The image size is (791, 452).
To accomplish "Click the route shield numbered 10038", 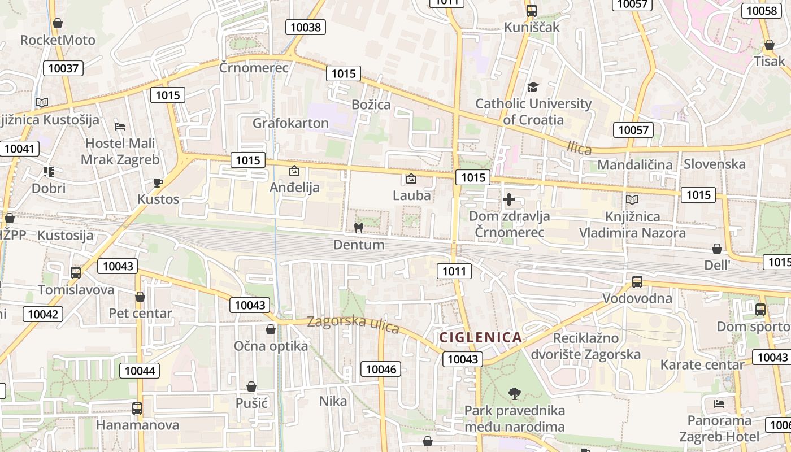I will [x=305, y=27].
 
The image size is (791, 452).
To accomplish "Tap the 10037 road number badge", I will [x=63, y=68].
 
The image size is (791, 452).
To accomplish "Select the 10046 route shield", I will [x=381, y=370].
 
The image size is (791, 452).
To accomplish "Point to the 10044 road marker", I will [x=139, y=371].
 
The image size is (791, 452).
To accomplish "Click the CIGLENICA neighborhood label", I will [x=481, y=338].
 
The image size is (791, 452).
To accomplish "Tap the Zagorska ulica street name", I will [x=353, y=325].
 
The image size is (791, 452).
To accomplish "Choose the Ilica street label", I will [x=579, y=149].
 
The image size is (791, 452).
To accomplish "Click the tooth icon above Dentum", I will [x=358, y=228].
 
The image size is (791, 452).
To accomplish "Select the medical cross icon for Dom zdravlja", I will [x=509, y=199].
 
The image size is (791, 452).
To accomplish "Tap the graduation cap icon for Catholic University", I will [x=533, y=87].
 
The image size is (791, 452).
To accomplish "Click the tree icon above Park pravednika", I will [x=514, y=393].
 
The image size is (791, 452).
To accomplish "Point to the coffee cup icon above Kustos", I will [x=158, y=182].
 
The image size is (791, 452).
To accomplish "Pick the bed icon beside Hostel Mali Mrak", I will [x=120, y=126].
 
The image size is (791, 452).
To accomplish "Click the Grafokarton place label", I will [x=290, y=123].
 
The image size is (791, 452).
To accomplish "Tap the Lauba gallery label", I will [x=412, y=195].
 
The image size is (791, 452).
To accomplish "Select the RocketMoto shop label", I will [x=58, y=40].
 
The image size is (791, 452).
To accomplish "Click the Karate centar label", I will [x=702, y=364].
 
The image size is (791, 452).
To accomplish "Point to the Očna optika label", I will [x=271, y=346].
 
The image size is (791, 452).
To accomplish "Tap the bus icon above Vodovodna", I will [x=637, y=281].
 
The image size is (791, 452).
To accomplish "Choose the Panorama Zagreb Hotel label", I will [x=719, y=428].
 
